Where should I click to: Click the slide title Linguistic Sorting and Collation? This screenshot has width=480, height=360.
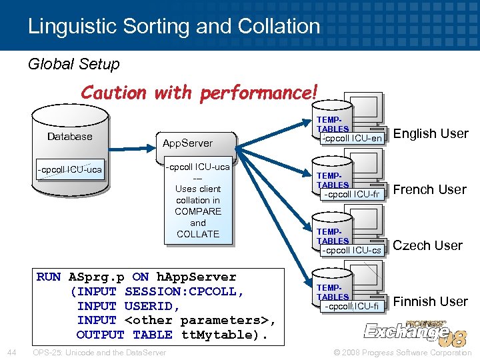pos(174,26)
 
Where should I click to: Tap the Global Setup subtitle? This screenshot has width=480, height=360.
pos(73,64)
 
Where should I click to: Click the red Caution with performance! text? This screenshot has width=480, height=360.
pos(199,92)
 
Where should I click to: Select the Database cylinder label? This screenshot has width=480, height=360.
pos(70,137)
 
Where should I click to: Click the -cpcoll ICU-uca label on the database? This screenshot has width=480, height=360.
pos(70,169)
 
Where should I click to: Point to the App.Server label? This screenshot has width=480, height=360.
pos(188,143)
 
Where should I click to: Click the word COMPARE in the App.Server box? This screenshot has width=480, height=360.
pos(198,211)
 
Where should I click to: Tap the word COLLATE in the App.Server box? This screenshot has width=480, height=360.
pos(198,234)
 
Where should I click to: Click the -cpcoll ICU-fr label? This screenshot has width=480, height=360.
pos(352,195)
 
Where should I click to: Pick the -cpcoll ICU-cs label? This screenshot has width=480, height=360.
pos(352,251)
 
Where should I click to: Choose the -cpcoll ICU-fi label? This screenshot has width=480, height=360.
pos(352,307)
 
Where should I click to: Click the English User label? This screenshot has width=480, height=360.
pos(431,133)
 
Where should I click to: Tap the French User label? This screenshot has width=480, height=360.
pos(430,189)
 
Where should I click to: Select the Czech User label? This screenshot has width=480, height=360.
pos(427,245)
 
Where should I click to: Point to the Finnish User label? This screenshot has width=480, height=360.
pos(430,301)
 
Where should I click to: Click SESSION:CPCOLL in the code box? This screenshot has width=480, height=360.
pos(185,291)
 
